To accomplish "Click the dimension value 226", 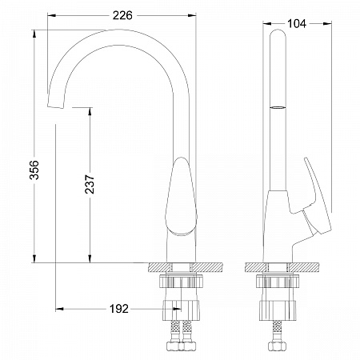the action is (x=122, y=15).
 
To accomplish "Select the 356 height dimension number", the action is (x=34, y=170).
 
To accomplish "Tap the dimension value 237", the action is (x=90, y=184).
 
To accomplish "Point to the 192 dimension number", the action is (x=119, y=309).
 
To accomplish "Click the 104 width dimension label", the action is (x=297, y=24).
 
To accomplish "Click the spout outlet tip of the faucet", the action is (x=56, y=106).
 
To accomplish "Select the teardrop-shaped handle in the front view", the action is (x=181, y=196).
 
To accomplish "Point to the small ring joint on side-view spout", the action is (x=278, y=107).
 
